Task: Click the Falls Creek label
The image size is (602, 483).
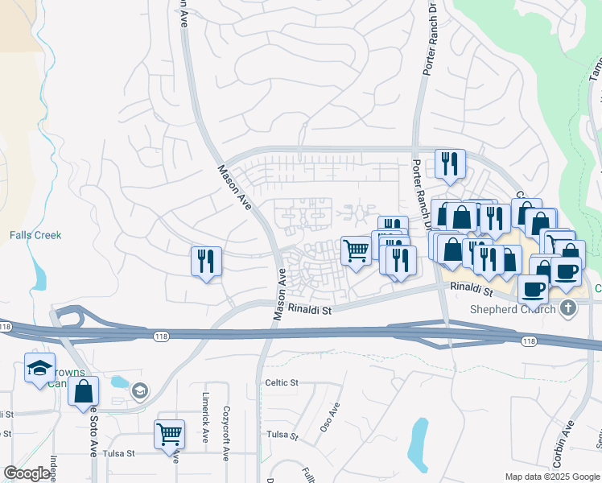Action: [35, 235]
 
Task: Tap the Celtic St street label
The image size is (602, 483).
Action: [282, 382]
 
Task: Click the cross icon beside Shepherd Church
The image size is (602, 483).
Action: [568, 309]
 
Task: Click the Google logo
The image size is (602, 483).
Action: [27, 473]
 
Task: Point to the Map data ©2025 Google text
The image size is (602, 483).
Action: [550, 476]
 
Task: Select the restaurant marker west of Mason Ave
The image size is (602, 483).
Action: [206, 261]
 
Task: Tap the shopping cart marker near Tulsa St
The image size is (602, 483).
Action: [169, 434]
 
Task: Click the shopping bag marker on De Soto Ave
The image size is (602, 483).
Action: [84, 392]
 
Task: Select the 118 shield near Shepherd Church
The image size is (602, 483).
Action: [528, 341]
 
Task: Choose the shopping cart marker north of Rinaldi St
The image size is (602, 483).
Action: [355, 250]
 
